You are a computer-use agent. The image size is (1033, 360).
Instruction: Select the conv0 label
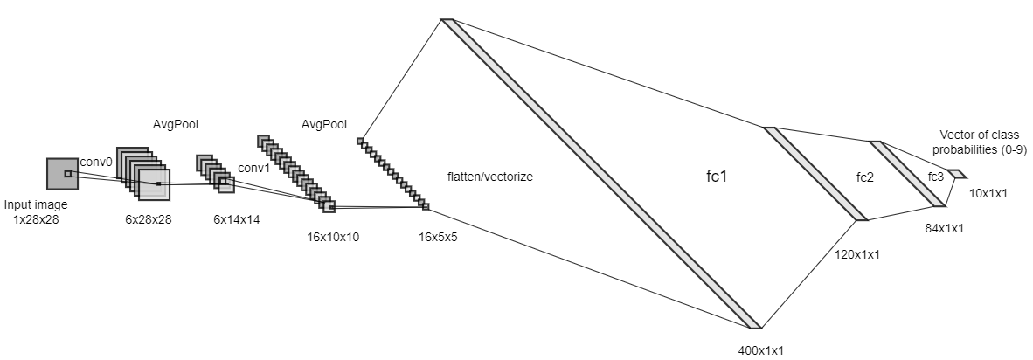[96, 162]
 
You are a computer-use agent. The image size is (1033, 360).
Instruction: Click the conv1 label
[254, 168]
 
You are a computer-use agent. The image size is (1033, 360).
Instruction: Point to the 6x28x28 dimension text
[149, 219]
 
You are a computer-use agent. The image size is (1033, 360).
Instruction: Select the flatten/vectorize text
[489, 177]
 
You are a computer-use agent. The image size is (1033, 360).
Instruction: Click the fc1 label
[717, 176]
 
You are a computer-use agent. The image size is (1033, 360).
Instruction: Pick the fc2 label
[866, 177]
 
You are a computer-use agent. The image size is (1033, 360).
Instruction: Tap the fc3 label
[935, 177]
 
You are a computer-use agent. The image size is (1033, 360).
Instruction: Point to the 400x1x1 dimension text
[761, 350]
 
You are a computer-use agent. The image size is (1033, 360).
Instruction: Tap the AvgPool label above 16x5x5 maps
[323, 125]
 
